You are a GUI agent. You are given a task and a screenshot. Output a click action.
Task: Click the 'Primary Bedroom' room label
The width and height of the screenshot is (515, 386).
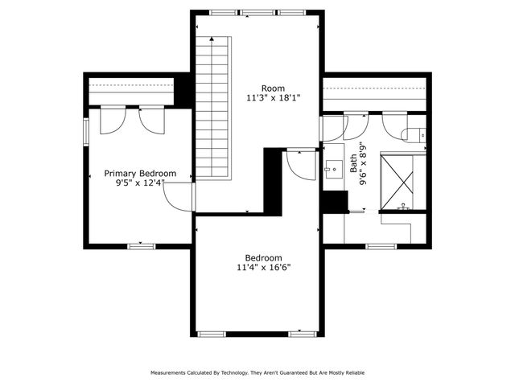click(140, 173)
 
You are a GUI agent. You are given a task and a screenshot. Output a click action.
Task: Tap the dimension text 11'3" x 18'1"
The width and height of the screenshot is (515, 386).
click(272, 98)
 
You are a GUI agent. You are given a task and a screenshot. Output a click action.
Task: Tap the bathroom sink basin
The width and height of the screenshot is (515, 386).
click(334, 170)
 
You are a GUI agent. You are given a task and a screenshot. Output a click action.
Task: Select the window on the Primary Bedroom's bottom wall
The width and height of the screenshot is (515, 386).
click(141, 245)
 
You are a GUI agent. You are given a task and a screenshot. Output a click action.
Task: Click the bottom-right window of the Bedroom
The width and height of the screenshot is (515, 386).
click(301, 333)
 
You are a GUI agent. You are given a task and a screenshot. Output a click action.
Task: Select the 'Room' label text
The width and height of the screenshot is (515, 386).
click(272, 88)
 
